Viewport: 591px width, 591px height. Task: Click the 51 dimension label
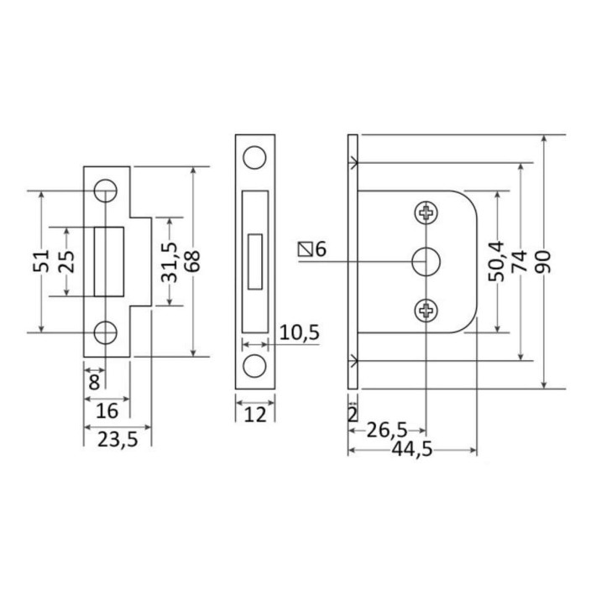point(41,261)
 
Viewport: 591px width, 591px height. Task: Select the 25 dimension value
point(66,262)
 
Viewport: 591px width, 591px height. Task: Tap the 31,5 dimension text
point(169,262)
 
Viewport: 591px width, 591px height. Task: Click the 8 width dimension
point(94,382)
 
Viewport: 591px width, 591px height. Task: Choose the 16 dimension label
point(107,411)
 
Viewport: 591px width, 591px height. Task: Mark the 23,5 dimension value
point(118,440)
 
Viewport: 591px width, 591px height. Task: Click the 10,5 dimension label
point(299,332)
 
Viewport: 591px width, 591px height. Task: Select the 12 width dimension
point(255,415)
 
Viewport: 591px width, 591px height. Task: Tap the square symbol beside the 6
point(306,249)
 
